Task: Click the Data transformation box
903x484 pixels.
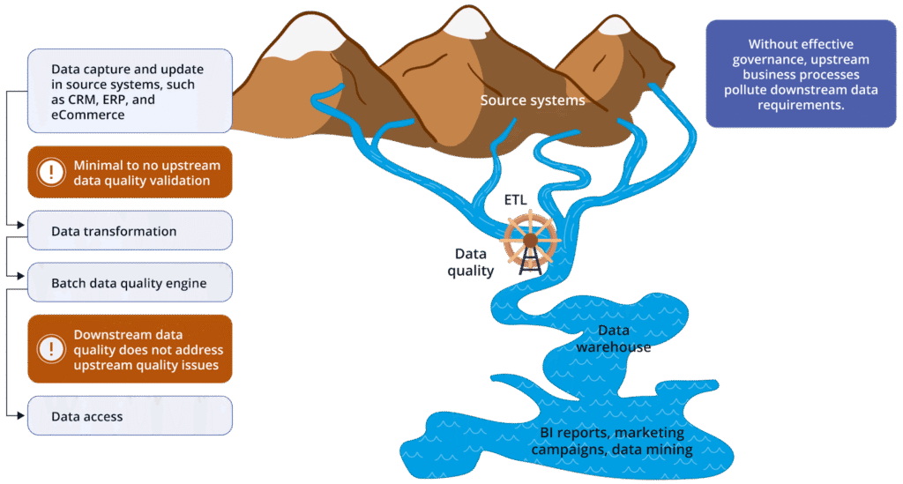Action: tap(130, 231)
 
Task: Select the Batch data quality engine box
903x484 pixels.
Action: tap(130, 284)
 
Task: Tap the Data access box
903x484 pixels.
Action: tap(130, 416)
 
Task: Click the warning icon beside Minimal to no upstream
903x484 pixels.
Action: tap(52, 173)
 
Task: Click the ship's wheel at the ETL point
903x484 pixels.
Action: tap(530, 239)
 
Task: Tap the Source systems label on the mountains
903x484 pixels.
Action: tap(532, 101)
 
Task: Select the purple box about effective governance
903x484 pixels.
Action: tap(801, 74)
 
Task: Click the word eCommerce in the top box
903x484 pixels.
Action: tap(86, 115)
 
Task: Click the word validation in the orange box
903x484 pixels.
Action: tap(181, 181)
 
